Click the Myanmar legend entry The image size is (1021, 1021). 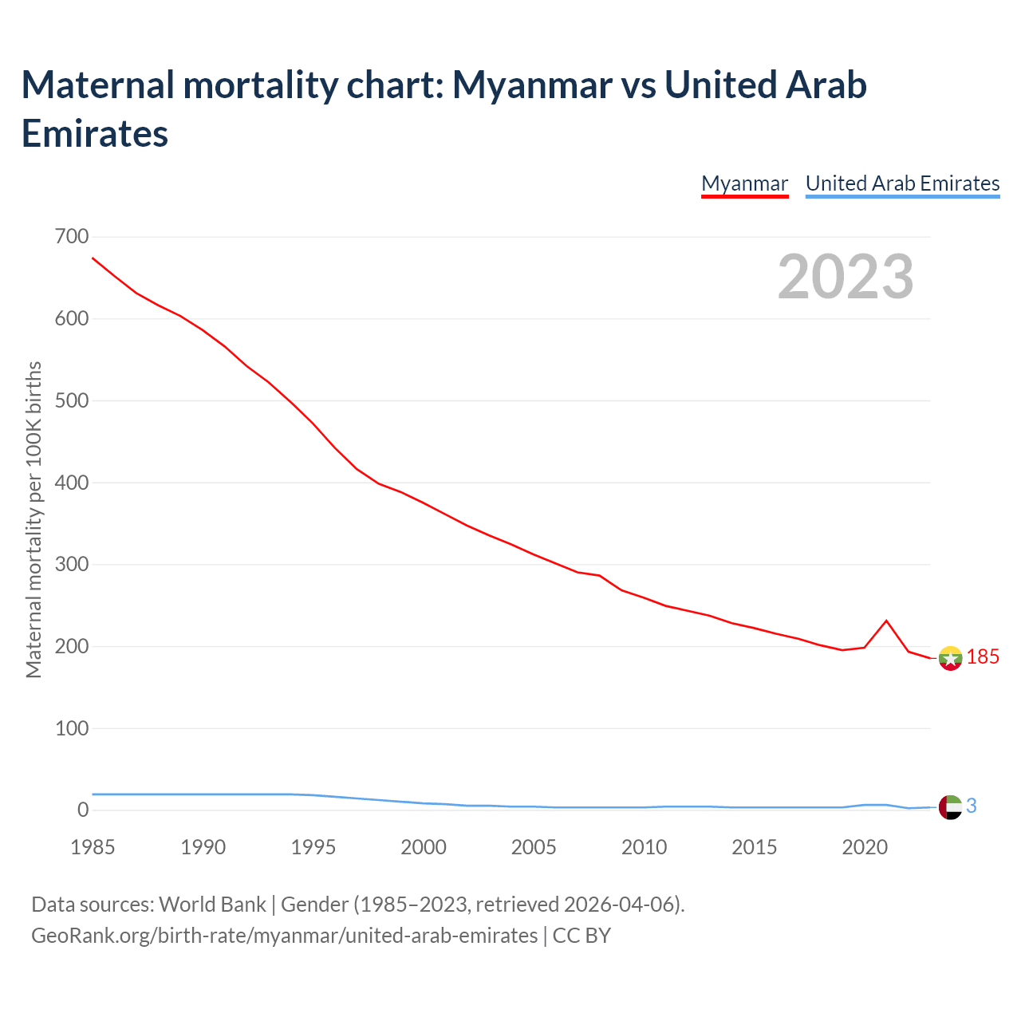coord(744,183)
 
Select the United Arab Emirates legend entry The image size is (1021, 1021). coord(902,183)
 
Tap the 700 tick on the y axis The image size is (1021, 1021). coord(72,237)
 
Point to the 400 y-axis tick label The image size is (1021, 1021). coord(72,483)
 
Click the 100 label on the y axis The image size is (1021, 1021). coord(72,728)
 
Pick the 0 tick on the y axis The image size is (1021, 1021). coord(83,810)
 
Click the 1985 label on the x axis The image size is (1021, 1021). coord(93,847)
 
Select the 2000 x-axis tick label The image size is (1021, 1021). coord(424,847)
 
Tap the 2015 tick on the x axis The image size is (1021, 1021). coord(754,847)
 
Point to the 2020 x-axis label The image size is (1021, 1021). coord(865,847)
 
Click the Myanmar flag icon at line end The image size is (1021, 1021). coord(950,658)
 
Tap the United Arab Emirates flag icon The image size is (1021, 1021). coord(950,807)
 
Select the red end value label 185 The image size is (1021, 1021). coord(983,657)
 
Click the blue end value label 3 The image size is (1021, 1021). coord(972,806)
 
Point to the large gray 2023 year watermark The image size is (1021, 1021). coord(846,277)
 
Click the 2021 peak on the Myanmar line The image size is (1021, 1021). coord(886,621)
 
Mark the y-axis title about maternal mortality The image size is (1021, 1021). coord(34,520)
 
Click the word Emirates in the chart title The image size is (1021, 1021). coord(95,133)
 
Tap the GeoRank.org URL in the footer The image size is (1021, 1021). coord(284,935)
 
